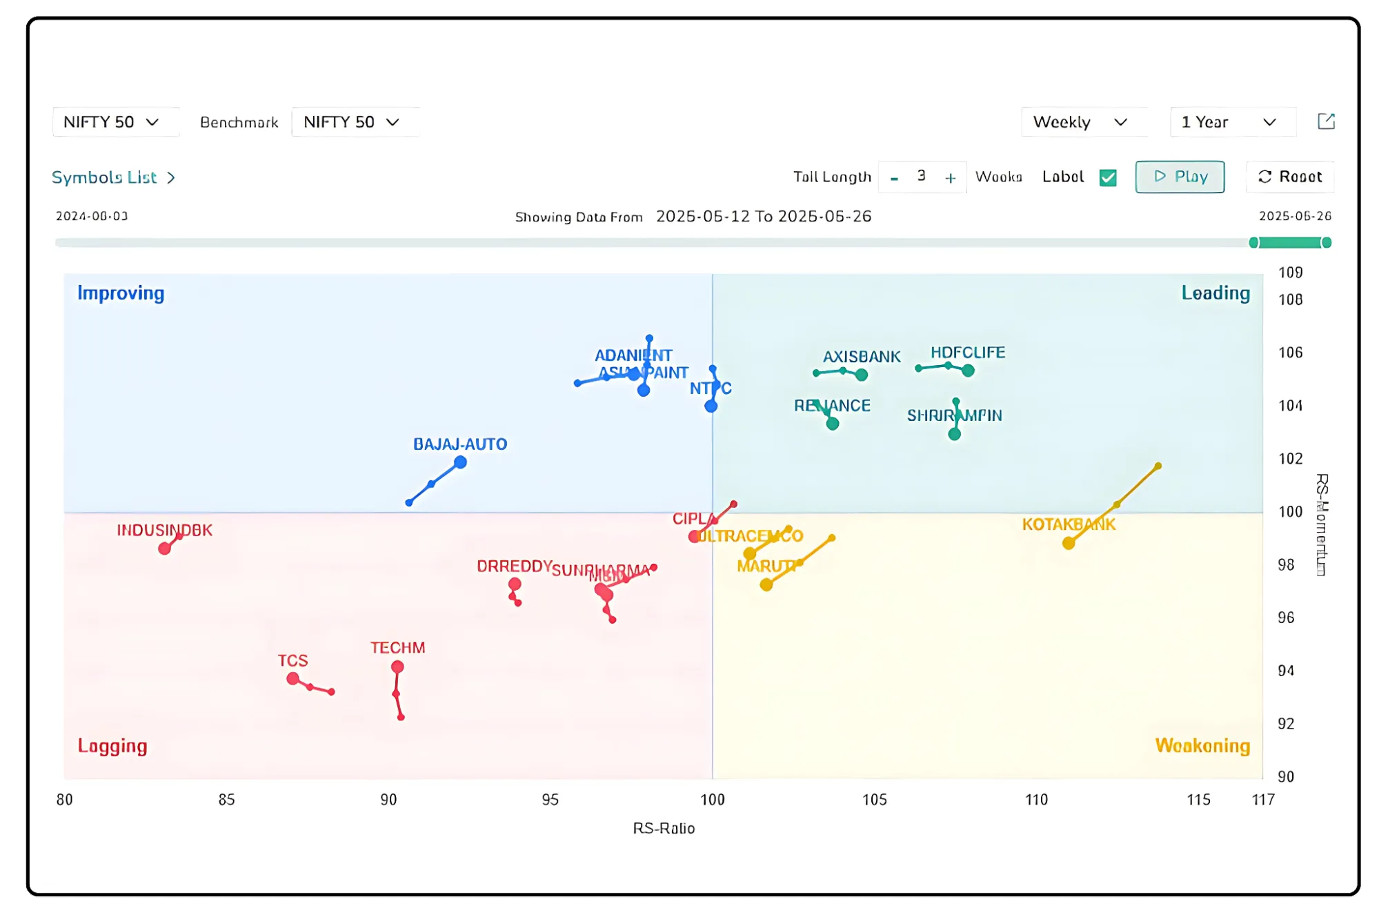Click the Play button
(x=1180, y=177)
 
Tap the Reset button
(x=1290, y=177)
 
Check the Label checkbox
(x=1108, y=177)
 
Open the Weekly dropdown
(x=1080, y=122)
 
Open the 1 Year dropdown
(x=1229, y=122)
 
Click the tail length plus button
(x=950, y=178)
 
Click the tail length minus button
(x=894, y=178)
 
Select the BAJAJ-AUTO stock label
(x=460, y=444)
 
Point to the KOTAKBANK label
(x=1069, y=524)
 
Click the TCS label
(x=292, y=660)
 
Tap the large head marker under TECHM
(x=397, y=667)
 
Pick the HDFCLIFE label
(x=968, y=353)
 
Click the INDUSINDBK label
(x=164, y=530)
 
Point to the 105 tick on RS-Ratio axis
(x=874, y=799)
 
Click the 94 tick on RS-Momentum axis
(x=1286, y=671)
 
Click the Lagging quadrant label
(x=112, y=746)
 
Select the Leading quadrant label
(x=1216, y=293)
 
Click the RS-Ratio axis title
(x=664, y=828)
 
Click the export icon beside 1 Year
(x=1326, y=121)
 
